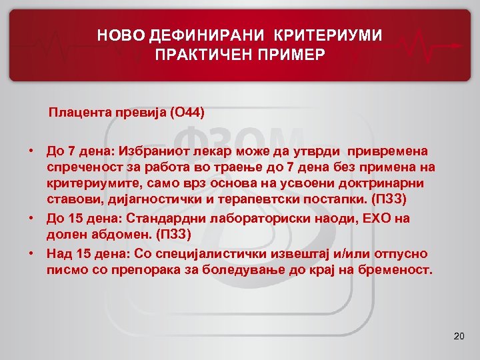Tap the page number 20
tap(458, 336)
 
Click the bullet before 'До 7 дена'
tap(31, 152)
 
